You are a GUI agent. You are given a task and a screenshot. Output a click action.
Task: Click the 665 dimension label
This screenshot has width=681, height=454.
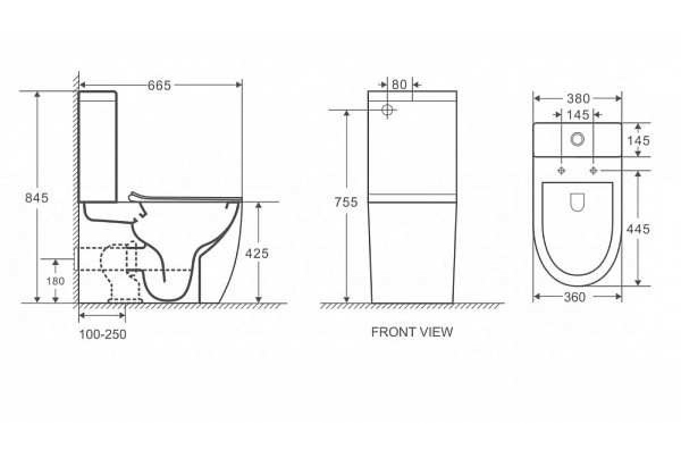(x=159, y=86)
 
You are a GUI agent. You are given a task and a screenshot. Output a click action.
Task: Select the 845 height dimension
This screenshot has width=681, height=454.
(x=36, y=198)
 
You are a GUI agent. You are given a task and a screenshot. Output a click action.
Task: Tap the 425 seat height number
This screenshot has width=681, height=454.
(x=257, y=253)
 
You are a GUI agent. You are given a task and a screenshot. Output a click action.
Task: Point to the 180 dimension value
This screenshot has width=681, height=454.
(x=56, y=281)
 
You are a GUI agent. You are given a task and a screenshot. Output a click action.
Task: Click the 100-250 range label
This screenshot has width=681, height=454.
(x=103, y=334)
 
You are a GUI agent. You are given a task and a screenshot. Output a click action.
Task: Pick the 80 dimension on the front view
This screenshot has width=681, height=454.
(x=399, y=85)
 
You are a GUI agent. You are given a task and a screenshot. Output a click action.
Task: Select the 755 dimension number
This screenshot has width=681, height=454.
(x=346, y=202)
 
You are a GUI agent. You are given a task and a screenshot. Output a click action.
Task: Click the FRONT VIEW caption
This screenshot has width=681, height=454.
(x=412, y=332)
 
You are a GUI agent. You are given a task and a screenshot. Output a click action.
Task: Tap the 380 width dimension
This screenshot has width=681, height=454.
(x=578, y=99)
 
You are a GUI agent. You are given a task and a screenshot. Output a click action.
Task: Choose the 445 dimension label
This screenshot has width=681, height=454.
(x=638, y=229)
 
